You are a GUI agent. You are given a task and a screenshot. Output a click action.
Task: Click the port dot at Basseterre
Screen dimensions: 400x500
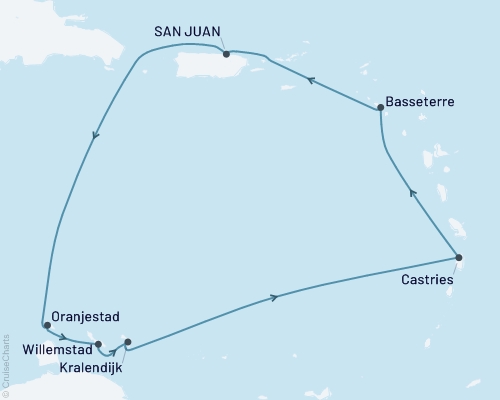[379, 109]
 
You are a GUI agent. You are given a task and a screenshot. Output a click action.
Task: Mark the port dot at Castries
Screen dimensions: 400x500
[458, 257]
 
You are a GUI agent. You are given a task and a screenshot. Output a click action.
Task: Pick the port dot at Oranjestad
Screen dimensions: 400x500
[47, 325]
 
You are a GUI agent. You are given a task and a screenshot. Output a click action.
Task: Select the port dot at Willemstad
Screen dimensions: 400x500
[98, 344]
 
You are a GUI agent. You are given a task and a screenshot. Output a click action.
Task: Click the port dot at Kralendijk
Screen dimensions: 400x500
[127, 342]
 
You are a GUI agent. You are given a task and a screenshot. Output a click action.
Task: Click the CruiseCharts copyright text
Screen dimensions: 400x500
[6, 360]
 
